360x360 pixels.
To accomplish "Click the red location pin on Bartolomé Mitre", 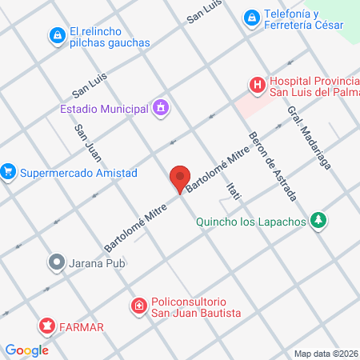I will tap(179, 178).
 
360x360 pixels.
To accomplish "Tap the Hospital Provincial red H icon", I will tap(257, 84).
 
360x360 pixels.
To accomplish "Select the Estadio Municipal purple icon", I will tap(161, 107).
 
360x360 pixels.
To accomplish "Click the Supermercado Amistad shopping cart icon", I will tap(9, 172).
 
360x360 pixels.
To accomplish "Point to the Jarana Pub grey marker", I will tap(56, 262).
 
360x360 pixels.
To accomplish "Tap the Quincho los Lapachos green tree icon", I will tap(319, 220).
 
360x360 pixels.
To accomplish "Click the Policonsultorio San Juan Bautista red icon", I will tap(139, 305).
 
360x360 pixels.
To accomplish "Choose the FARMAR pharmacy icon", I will tap(47, 326).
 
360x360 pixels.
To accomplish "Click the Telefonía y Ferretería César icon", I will tap(252, 17).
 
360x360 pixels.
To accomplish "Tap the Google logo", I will tap(27, 350).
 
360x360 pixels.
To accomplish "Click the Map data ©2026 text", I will tap(326, 354).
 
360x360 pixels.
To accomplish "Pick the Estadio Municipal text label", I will tap(104, 108).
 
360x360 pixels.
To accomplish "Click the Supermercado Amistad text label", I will tap(79, 173).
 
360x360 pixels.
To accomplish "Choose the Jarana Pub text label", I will tap(99, 262).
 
